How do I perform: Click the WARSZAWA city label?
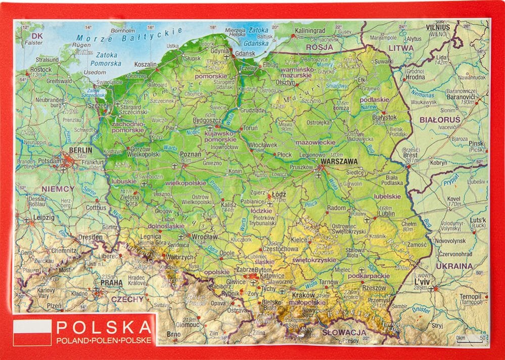[338, 162]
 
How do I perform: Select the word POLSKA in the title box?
[104, 327]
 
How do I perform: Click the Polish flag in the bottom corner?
[32, 332]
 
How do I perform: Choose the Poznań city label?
[191, 154]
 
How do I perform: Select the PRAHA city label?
[111, 283]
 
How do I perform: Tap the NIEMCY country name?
[58, 189]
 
